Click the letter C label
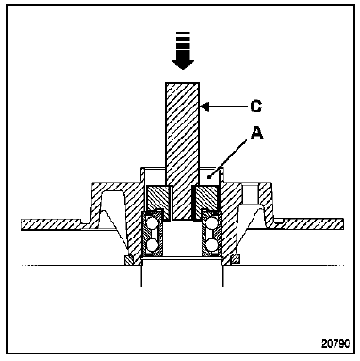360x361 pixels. (x=256, y=107)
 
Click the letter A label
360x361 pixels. (x=256, y=133)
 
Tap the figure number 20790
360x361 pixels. (x=335, y=343)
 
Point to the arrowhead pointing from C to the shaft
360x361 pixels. (x=205, y=107)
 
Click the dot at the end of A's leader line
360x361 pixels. (x=208, y=178)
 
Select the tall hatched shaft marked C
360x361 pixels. (x=182, y=151)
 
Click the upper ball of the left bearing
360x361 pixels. (x=153, y=223)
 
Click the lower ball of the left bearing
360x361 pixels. (x=153, y=244)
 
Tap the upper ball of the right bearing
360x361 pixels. (x=212, y=223)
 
